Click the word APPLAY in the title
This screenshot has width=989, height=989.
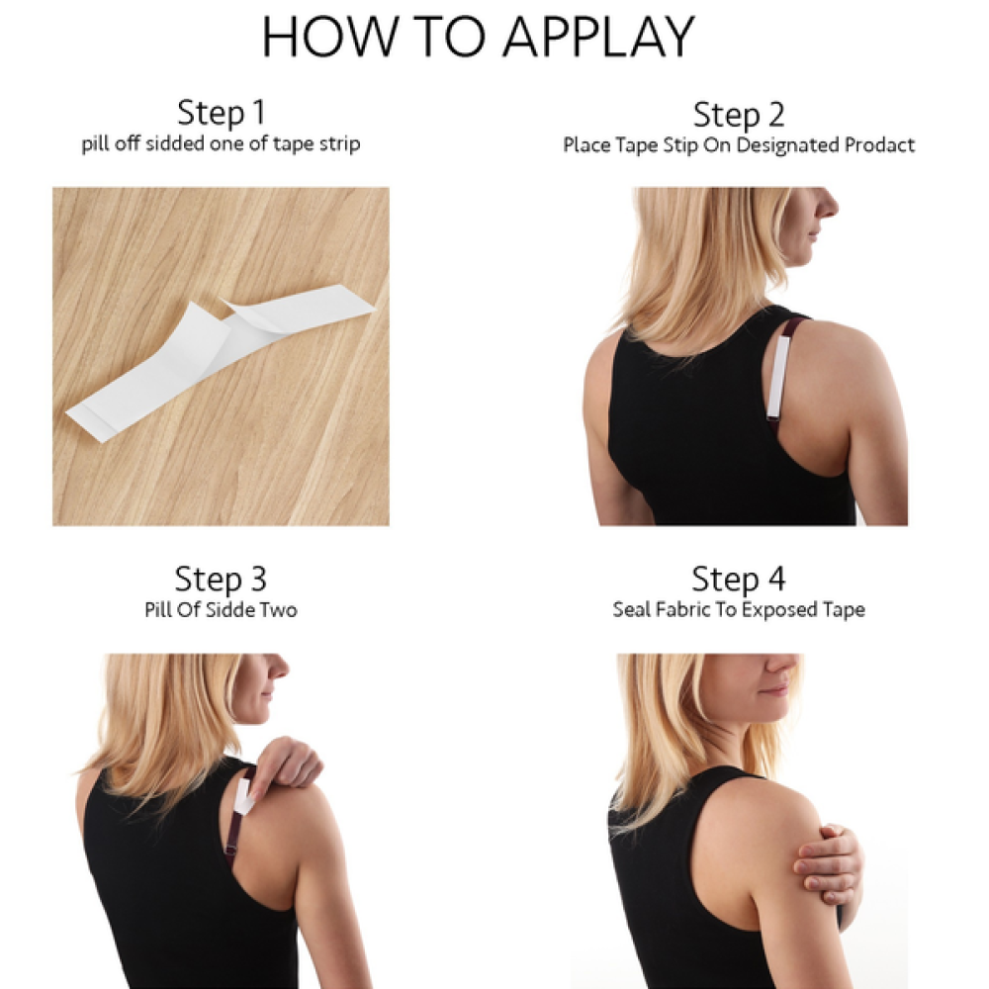point(599,38)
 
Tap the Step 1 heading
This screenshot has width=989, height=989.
point(221,113)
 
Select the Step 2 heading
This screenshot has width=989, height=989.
point(739,115)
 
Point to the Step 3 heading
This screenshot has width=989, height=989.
point(221,579)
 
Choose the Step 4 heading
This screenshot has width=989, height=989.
point(739,579)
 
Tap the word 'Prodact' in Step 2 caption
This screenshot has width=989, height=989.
point(879,145)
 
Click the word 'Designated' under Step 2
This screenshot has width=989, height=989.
point(788,146)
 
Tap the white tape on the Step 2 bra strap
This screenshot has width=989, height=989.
point(779,377)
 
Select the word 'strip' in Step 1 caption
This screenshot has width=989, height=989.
point(340,145)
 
